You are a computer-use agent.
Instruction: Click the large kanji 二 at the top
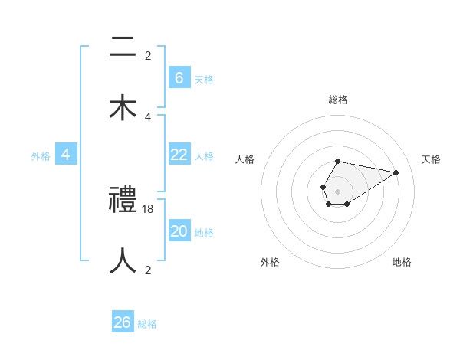click(123, 47)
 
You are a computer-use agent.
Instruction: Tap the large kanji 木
click(123, 107)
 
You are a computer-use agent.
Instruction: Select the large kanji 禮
click(123, 201)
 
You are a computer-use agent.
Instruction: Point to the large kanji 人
click(123, 260)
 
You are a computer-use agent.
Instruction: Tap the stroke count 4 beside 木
click(148, 116)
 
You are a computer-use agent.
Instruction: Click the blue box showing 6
click(179, 77)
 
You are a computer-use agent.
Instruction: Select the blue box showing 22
click(179, 155)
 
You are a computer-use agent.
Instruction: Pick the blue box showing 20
click(179, 231)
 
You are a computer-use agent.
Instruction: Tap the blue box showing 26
click(123, 322)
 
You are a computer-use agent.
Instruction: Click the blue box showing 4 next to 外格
click(66, 155)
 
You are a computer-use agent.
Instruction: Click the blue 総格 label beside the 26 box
click(147, 324)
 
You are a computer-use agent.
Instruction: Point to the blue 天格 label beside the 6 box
click(204, 79)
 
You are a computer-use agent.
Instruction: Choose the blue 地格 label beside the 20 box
click(204, 233)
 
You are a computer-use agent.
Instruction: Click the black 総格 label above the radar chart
click(337, 100)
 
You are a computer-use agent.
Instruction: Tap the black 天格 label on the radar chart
click(431, 159)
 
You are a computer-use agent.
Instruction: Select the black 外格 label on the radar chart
click(270, 262)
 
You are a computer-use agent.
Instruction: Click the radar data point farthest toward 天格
click(396, 172)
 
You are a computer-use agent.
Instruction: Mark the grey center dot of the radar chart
click(337, 191)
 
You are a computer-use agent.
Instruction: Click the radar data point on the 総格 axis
click(337, 162)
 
